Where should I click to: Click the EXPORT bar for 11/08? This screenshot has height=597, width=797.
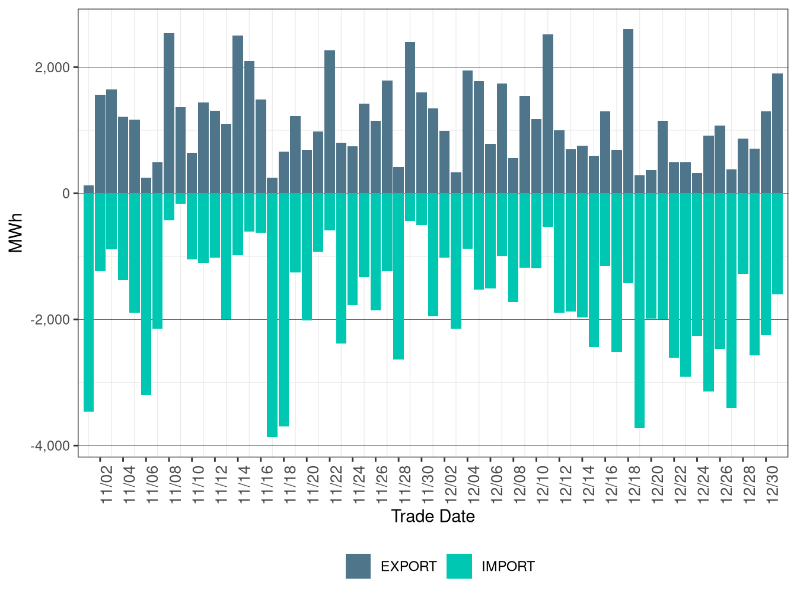169,113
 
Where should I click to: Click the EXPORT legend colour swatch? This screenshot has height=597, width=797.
358,566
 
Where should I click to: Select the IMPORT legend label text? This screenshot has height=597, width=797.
508,567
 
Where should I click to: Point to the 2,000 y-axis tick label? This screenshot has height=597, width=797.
52,68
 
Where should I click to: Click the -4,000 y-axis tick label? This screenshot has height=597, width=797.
50,446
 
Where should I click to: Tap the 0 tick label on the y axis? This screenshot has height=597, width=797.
66,194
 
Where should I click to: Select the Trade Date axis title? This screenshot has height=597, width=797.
433,516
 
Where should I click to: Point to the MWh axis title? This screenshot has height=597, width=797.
16,233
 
